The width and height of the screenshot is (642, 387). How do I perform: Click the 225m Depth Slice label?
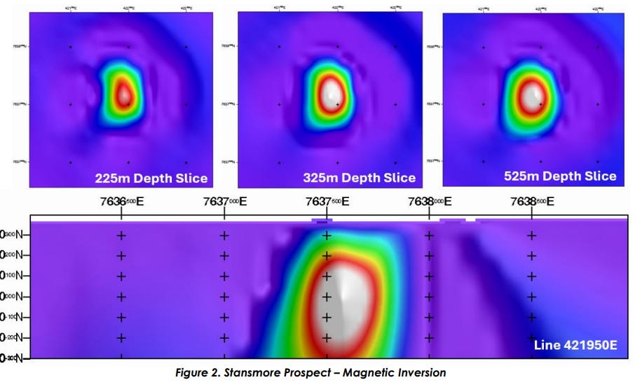151,178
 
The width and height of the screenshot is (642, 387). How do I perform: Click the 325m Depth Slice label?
359,178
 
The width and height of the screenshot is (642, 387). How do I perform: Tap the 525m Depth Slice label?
560,176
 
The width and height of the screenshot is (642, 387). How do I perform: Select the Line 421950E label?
575,345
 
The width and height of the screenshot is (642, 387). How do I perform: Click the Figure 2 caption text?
310,373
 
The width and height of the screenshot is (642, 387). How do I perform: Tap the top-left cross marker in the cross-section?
121,235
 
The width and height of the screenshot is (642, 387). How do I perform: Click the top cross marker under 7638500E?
531,235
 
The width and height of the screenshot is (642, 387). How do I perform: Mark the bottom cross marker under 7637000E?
224,338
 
